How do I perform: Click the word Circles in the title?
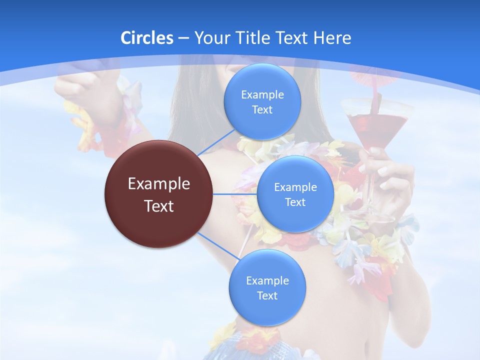pyautogui.click(x=146, y=38)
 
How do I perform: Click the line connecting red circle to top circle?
pyautogui.click(x=215, y=142)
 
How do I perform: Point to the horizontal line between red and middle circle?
pyautogui.click(x=235, y=194)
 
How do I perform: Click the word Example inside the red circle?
pyautogui.click(x=159, y=184)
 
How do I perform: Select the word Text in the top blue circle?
pyautogui.click(x=262, y=110)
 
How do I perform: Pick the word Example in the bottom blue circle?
pyautogui.click(x=267, y=280)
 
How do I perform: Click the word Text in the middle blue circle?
pyautogui.click(x=295, y=202)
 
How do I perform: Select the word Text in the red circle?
pyautogui.click(x=159, y=206)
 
